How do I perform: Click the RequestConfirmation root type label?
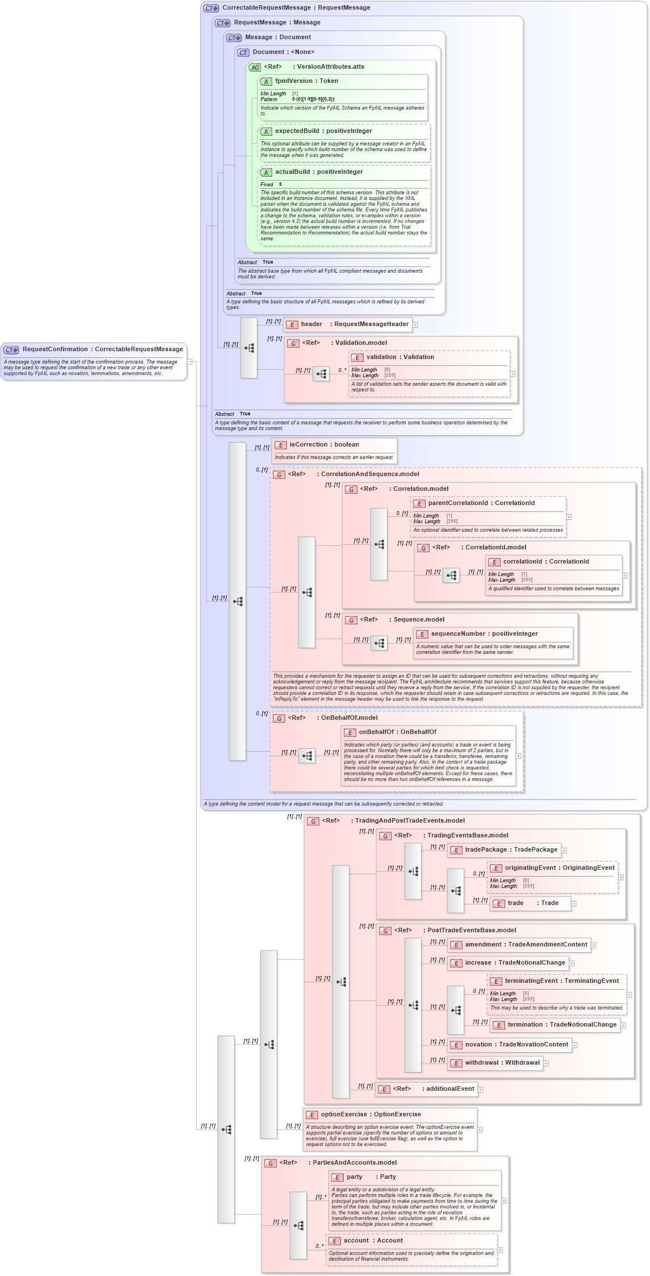[x=102, y=349]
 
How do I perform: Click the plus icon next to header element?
[x=415, y=325]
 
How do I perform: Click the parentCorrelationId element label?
[x=481, y=503]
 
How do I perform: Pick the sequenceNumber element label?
[x=484, y=634]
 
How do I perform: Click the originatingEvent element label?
[x=559, y=868]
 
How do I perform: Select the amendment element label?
[x=526, y=945]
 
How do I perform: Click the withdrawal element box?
[x=495, y=1063]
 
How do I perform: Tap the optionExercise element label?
[x=370, y=1115]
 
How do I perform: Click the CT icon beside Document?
[x=244, y=52]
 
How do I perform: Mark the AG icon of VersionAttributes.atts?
[x=255, y=67]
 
